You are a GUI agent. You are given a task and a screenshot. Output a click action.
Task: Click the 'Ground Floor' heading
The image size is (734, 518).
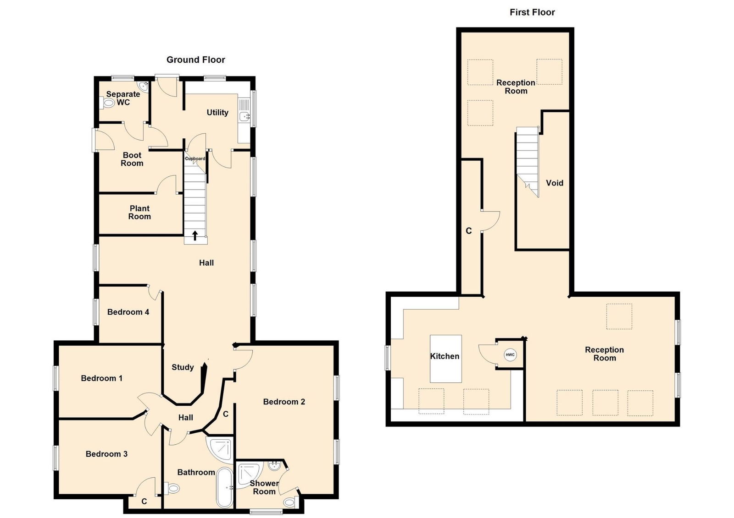coord(195,60)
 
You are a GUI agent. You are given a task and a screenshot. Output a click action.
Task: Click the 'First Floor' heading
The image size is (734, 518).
coord(532,12)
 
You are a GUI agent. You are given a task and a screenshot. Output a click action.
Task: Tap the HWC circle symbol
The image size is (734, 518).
coord(510,354)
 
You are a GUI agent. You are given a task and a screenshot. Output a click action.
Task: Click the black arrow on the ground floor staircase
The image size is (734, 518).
coord(195,235)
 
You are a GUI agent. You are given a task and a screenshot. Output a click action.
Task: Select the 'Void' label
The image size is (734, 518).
coord(555,183)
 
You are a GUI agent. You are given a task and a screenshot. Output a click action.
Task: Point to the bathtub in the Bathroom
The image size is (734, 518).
coord(224,488)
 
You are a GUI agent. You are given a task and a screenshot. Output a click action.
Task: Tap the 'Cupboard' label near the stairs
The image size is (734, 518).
coord(195,159)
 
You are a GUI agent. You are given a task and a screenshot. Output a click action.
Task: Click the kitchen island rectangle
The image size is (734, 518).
coord(445,359)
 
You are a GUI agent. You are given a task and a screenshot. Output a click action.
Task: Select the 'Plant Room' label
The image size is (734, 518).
coord(139,213)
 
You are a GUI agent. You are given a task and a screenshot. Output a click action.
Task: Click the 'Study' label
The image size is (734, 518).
coord(183,367)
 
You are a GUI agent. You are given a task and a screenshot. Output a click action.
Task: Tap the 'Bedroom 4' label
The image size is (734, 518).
coord(128,312)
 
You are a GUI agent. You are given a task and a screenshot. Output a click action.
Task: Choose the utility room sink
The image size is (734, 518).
coord(244,116)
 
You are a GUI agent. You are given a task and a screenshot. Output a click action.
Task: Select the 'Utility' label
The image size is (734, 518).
coord(217,113)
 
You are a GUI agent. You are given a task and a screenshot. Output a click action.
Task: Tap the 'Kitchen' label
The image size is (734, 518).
coord(445,356)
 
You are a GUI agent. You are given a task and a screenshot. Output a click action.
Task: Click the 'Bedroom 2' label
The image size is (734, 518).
coord(284,402)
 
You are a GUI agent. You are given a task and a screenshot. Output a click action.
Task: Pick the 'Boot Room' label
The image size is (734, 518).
coord(132,159)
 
